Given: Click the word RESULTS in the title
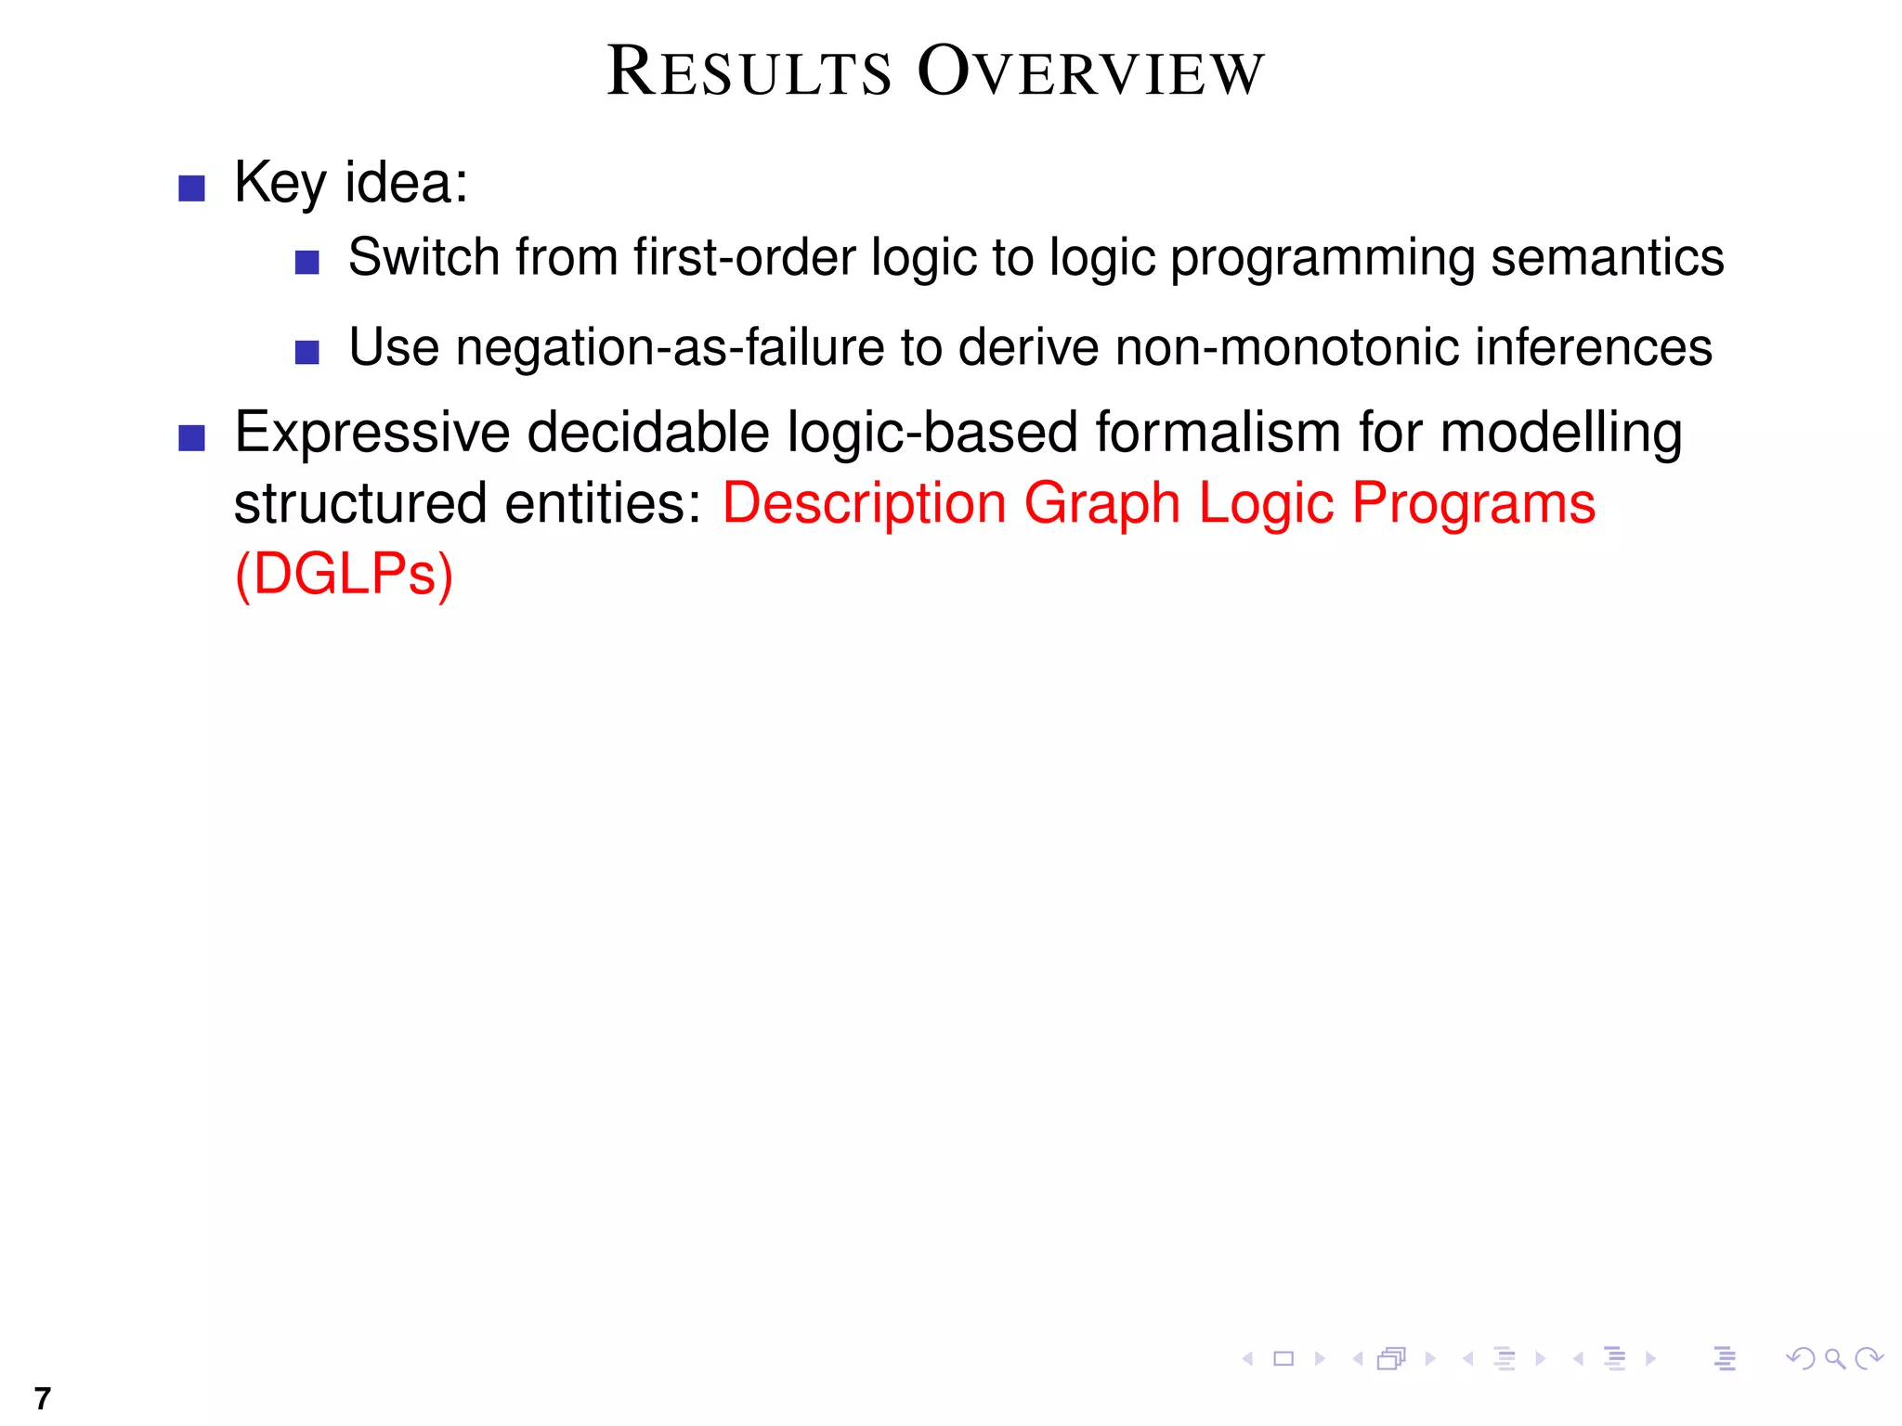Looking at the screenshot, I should point(749,72).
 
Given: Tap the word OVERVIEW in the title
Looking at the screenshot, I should point(1091,72).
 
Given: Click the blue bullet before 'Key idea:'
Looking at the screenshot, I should point(191,188).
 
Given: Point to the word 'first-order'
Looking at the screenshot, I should point(744,257).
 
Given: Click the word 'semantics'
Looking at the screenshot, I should point(1607,257).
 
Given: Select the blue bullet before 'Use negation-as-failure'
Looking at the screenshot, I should point(307,353).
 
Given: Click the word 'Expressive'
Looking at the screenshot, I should point(372,433).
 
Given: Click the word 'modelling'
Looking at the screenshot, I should point(1561,433).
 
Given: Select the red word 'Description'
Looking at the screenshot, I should point(865,504).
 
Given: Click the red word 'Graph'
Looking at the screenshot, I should point(1102,504).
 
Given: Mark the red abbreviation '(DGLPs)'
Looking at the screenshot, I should point(344,575).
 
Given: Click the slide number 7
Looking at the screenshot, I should point(42,1397).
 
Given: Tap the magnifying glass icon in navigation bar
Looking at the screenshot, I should point(1834,1359).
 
